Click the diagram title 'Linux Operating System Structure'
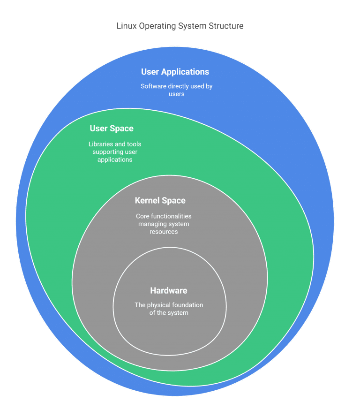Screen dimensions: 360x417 coord(180,26)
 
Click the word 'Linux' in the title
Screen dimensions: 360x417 coord(127,26)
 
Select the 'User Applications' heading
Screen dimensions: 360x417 coord(175,72)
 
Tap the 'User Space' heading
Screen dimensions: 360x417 coord(112,129)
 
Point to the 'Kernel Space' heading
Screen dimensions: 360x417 coord(160,200)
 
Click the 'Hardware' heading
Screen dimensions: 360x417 coord(169,290)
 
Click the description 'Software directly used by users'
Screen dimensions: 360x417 coord(176,90)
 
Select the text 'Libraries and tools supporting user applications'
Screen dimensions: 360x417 coord(115,152)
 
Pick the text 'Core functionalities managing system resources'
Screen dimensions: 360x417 coord(164,224)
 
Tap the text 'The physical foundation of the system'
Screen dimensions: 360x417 coord(169,309)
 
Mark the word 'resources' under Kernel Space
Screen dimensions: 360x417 coord(164,232)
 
